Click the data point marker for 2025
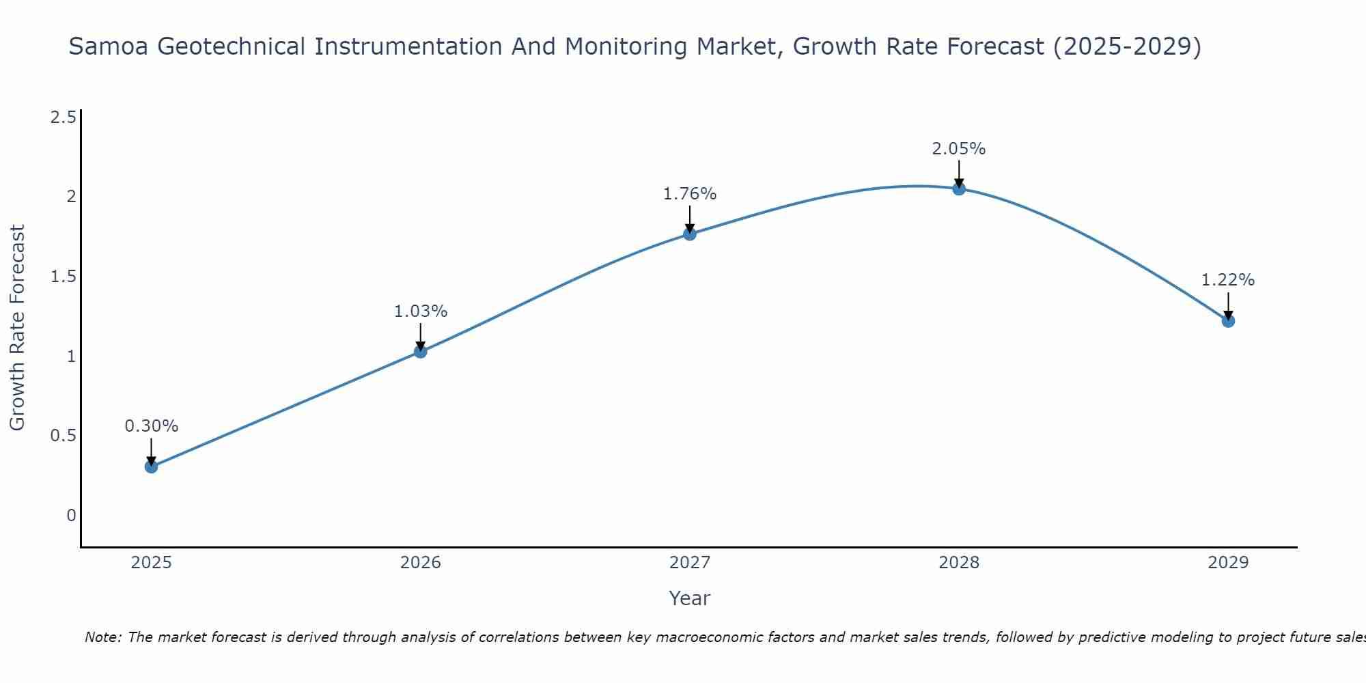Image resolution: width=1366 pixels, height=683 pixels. [x=151, y=467]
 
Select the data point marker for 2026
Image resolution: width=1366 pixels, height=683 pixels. [x=421, y=352]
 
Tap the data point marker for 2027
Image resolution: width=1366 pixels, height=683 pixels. [x=690, y=234]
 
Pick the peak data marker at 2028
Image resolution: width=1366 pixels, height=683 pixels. [x=959, y=189]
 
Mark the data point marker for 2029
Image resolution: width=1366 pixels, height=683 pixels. [x=1228, y=321]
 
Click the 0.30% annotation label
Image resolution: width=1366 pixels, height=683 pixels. [x=151, y=426]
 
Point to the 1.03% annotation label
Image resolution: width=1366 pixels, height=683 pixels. [x=421, y=311]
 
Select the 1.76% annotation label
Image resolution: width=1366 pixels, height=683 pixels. [x=690, y=194]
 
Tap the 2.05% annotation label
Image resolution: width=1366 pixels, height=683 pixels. [x=959, y=149]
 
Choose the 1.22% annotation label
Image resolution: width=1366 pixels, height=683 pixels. [x=1228, y=280]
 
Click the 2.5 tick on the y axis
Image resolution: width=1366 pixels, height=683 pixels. [x=63, y=117]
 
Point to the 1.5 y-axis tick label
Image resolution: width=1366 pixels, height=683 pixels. [x=63, y=277]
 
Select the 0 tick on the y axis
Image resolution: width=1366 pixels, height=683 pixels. [x=71, y=516]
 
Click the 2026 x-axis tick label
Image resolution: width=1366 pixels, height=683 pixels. [x=421, y=563]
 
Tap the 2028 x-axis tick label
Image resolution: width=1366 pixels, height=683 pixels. [x=959, y=563]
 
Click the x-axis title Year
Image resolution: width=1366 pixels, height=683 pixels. [x=690, y=598]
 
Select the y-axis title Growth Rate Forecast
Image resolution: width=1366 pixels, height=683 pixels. [x=17, y=328]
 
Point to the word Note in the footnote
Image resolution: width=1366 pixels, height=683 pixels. [x=102, y=637]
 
